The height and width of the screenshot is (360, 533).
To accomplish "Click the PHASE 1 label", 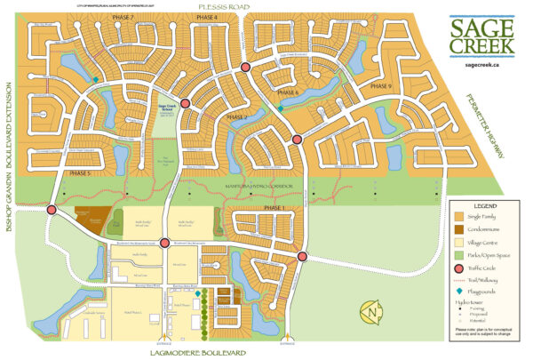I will coord(276,207).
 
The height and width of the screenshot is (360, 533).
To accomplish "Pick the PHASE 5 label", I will coord(76,173).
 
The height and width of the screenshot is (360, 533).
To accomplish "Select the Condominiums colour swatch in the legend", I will coord(458,227).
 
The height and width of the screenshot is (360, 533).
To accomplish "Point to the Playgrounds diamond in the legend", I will coord(458,291).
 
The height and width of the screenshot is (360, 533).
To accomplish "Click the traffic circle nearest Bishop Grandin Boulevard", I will coord(52,210).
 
